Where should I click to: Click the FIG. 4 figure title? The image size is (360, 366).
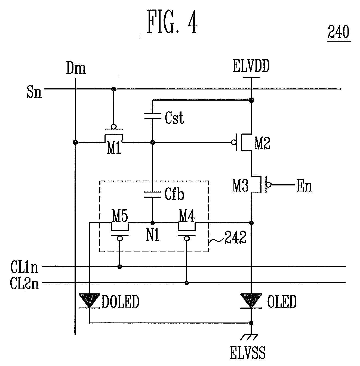click(x=173, y=22)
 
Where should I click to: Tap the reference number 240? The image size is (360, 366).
click(x=339, y=32)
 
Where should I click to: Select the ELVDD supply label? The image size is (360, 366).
click(x=251, y=66)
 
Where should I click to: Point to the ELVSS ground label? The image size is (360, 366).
click(x=248, y=352)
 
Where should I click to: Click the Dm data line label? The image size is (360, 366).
click(x=76, y=68)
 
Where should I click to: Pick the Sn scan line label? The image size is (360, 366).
click(x=34, y=91)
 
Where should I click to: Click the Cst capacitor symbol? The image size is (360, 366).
click(x=152, y=116)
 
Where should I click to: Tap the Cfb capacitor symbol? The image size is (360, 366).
click(x=152, y=194)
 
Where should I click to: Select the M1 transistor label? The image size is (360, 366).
click(x=114, y=148)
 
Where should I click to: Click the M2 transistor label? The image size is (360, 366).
click(x=262, y=144)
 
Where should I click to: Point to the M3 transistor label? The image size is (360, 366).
click(x=240, y=185)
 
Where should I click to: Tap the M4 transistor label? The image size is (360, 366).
click(x=186, y=216)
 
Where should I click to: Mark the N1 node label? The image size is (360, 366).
click(x=153, y=235)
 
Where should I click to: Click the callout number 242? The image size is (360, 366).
click(x=235, y=237)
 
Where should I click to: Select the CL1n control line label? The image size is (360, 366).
click(x=24, y=267)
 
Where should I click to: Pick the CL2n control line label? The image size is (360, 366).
click(x=24, y=283)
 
